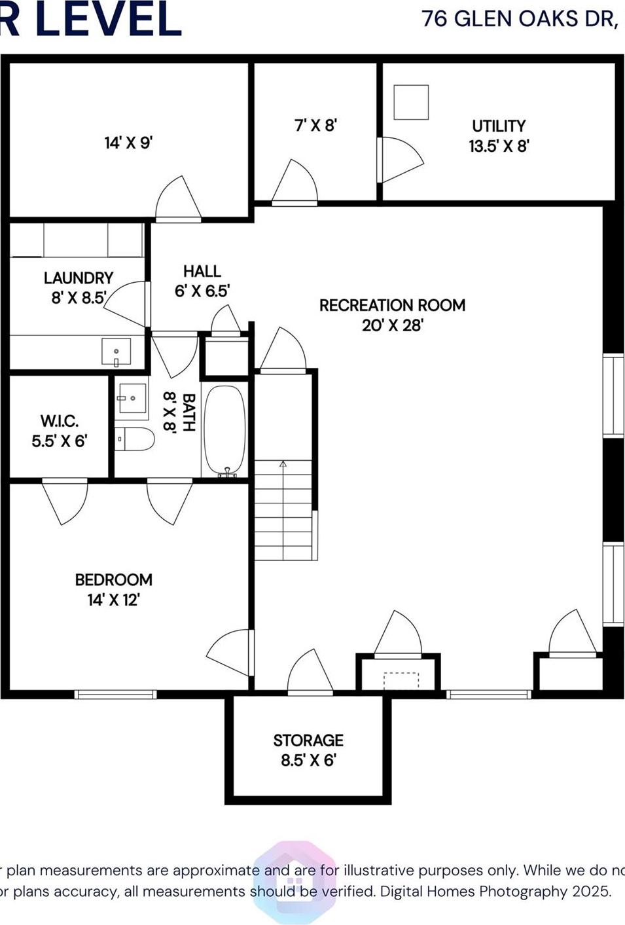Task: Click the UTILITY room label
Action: tap(499, 126)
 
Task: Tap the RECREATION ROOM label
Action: tap(392, 305)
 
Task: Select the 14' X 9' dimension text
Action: tap(128, 143)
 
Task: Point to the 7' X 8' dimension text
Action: tap(315, 125)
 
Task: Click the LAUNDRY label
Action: tap(79, 278)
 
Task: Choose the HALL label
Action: tap(202, 271)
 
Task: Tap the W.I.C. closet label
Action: tap(59, 421)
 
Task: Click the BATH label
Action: tap(188, 412)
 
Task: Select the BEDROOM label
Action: tap(113, 580)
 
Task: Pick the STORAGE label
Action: tap(308, 740)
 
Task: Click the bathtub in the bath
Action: tap(225, 429)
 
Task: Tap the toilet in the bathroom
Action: tap(135, 439)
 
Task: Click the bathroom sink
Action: tap(132, 398)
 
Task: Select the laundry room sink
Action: tap(116, 352)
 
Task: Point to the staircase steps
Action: tap(283, 511)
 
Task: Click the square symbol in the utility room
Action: tap(411, 102)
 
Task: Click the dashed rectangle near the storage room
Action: tap(401, 680)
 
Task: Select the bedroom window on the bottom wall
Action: tap(115, 695)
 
